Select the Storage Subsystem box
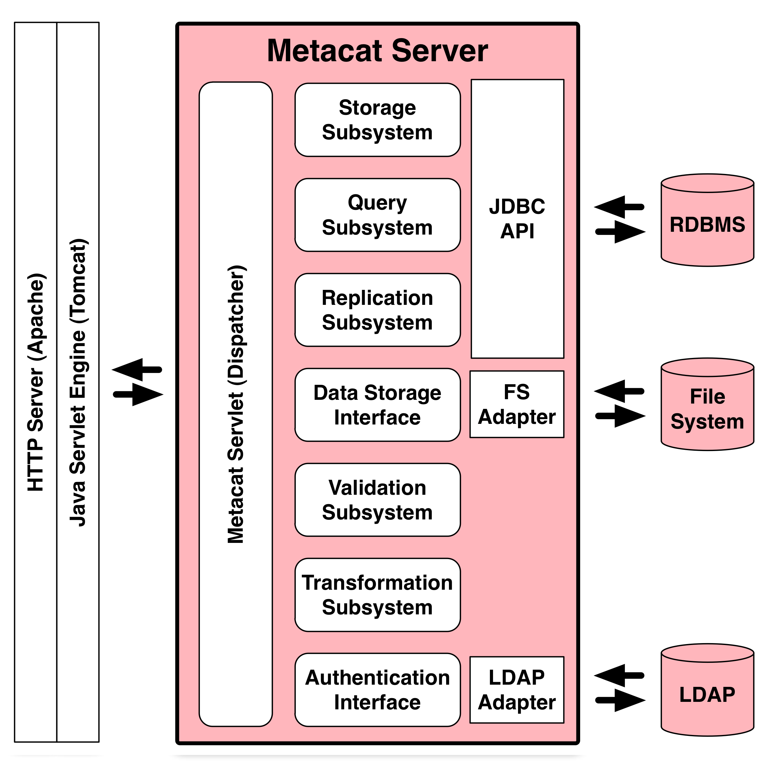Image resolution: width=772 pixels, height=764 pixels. coord(377,120)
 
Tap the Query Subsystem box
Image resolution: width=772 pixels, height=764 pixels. coord(377,215)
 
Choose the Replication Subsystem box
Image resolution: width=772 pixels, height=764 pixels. coord(377,310)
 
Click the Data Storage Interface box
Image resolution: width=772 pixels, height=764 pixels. coord(377,405)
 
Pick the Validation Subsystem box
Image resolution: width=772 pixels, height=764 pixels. coord(377,500)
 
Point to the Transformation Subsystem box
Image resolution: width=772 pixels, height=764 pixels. coord(377,595)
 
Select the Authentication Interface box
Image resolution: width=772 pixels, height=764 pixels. coord(377,690)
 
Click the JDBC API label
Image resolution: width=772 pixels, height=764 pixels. coord(517,219)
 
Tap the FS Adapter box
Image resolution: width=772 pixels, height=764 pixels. coord(517,404)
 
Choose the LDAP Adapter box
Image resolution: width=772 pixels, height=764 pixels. coord(517,690)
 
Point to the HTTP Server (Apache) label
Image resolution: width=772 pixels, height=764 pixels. coord(36,382)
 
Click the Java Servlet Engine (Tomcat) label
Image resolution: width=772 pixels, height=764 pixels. coord(78,382)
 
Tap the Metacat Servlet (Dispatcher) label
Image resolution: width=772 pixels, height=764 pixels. coord(236,404)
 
